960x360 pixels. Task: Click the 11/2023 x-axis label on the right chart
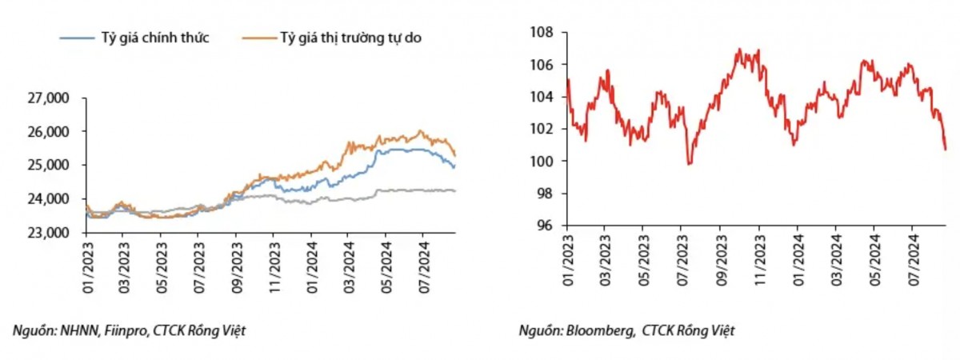pos(758,260)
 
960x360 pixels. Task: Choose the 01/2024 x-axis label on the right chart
pos(796,260)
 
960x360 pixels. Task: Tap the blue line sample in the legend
pos(77,38)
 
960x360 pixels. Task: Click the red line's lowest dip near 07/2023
pos(690,163)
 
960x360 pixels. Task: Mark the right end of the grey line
pos(454,190)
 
